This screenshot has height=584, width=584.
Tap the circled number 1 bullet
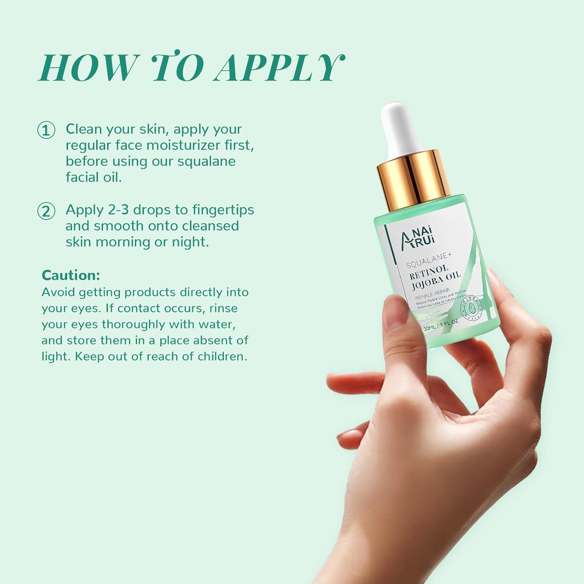tap(46, 130)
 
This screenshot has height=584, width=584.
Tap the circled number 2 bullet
tap(46, 211)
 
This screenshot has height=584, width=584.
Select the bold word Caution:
tap(71, 275)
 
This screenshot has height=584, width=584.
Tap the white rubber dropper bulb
tap(401, 125)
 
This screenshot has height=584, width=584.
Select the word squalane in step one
tap(206, 162)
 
